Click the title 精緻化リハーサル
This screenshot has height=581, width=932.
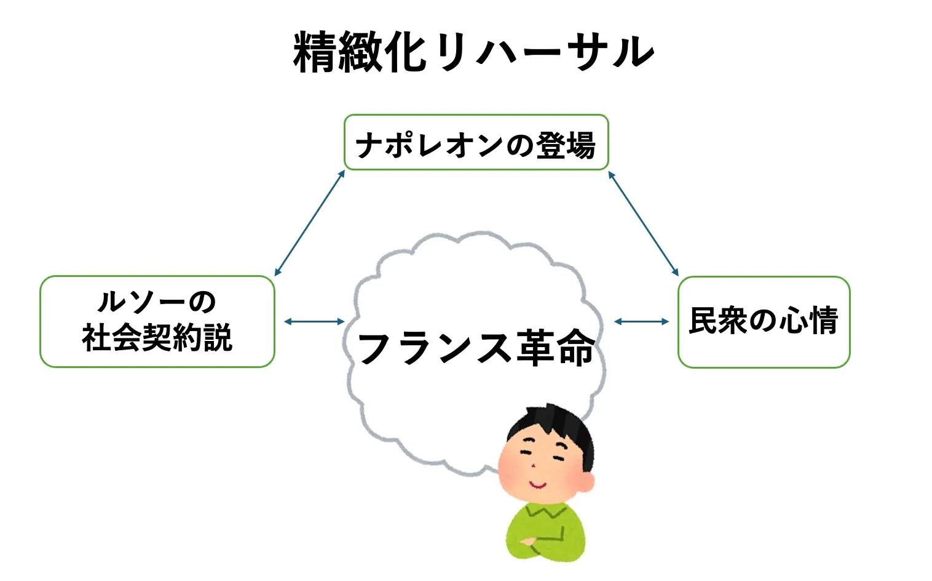coord(473,52)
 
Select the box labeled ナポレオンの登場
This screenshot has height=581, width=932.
coord(476,143)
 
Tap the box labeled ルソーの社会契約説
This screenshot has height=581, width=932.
coord(157,321)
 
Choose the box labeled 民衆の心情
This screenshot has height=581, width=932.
coord(764,322)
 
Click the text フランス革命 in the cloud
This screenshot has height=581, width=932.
coord(476,348)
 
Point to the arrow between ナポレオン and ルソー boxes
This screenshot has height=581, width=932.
coord(309,223)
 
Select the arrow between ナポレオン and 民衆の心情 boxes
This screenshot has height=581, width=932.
coord(643,223)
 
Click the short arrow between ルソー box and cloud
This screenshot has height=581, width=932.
coord(314,321)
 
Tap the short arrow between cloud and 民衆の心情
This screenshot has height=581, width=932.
coord(641,321)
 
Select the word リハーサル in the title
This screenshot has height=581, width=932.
coord(544,52)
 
